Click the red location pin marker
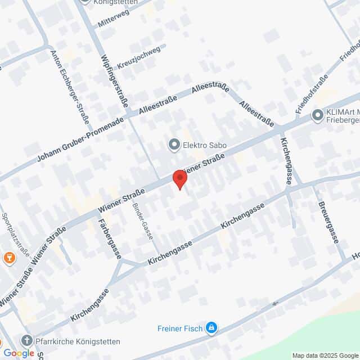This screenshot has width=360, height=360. click(x=179, y=178)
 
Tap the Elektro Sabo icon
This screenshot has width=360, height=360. click(x=173, y=146)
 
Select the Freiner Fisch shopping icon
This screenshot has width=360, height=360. click(x=211, y=327)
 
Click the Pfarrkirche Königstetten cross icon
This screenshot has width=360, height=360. click(x=26, y=340)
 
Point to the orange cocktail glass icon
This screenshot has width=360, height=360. click(x=8, y=258)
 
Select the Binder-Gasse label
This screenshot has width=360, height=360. click(x=143, y=220)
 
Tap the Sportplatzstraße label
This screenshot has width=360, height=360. click(x=15, y=233)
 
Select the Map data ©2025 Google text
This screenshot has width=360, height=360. click(x=325, y=355)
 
